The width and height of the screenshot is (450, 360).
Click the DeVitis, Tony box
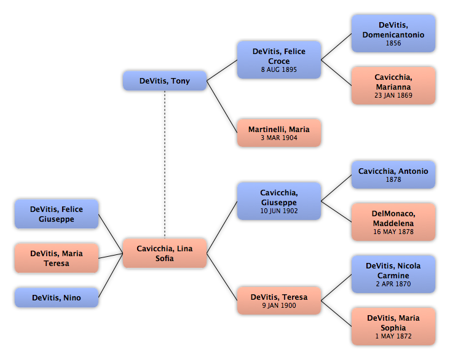coord(165,81)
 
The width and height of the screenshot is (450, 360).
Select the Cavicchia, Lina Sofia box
coord(165,253)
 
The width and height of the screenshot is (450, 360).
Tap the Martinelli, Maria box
coord(279,133)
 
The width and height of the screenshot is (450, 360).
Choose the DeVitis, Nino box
coord(57,297)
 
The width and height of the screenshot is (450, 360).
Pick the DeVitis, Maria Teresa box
coord(57,258)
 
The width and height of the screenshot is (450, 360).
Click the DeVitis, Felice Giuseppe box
coord(57,214)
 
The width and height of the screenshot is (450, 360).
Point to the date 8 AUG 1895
coord(279,69)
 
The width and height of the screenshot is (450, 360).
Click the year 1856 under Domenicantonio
coord(393,44)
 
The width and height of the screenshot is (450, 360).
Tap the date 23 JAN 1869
coord(393,95)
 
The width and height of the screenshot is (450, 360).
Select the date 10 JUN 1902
coord(279,211)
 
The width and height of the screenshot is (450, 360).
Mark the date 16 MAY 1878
coord(393,232)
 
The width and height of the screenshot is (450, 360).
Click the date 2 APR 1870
coord(393,284)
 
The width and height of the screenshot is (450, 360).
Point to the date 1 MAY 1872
coord(393,336)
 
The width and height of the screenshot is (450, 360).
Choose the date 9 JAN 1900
coord(279,305)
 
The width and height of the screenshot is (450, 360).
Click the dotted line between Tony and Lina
coord(165,165)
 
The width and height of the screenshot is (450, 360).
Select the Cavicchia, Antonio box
coord(393,174)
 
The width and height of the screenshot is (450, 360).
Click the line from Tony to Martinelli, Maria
coord(222,107)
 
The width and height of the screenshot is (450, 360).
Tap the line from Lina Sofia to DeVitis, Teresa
coord(222,277)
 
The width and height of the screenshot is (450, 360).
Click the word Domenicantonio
coord(393,34)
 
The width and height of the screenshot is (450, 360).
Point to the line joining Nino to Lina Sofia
coord(111,275)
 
